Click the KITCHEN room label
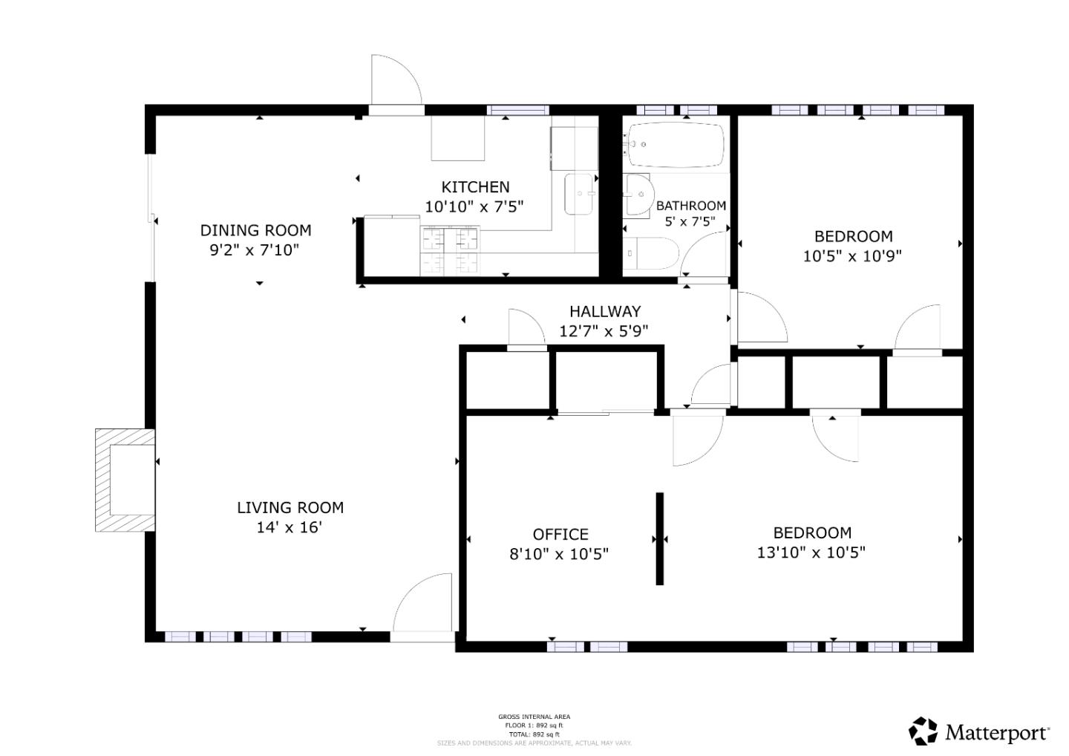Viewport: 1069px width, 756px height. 475,187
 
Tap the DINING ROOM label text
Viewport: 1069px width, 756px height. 255,230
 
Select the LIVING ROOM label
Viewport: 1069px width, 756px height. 290,508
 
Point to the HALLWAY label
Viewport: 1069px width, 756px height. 604,312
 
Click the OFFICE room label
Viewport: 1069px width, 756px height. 560,535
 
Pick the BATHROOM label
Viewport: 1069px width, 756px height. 690,206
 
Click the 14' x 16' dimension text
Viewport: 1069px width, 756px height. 290,528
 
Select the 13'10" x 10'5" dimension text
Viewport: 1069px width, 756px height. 811,553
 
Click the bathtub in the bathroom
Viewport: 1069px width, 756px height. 675,145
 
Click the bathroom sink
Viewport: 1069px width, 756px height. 636,195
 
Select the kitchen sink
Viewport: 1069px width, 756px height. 580,195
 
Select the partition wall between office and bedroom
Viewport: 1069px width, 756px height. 659,538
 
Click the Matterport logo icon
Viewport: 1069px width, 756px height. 923,731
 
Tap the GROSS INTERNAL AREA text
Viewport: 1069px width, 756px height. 534,717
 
